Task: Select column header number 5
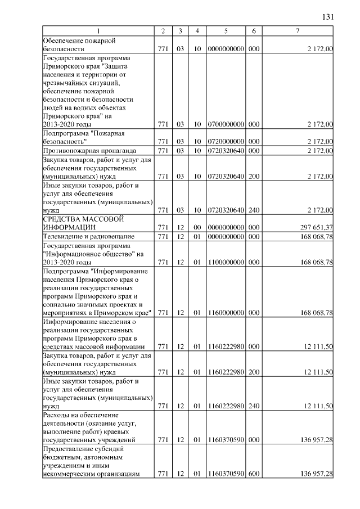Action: pyautogui.click(x=225, y=30)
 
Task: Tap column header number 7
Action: pyautogui.click(x=298, y=30)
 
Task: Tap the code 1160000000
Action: pyautogui.click(x=225, y=312)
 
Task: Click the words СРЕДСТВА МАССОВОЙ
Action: pyautogui.click(x=83, y=219)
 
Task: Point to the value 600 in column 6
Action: pyautogui.click(x=254, y=475)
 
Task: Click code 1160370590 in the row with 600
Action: pyautogui.click(x=225, y=475)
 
